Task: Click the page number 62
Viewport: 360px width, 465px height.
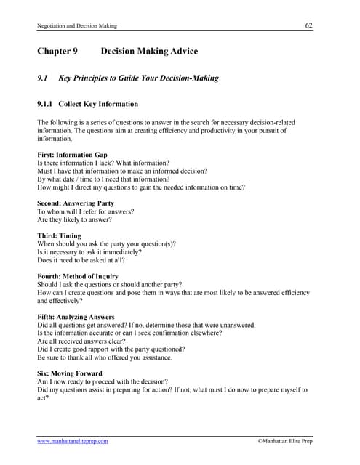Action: tap(309, 25)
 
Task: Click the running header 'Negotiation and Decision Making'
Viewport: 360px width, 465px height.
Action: tap(76, 26)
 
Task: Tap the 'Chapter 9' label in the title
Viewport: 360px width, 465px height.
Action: tap(57, 52)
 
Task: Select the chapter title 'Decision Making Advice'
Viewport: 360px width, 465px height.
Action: tap(149, 52)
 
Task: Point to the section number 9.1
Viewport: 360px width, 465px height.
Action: tap(42, 78)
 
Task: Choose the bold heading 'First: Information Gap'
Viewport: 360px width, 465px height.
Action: tap(72, 155)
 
